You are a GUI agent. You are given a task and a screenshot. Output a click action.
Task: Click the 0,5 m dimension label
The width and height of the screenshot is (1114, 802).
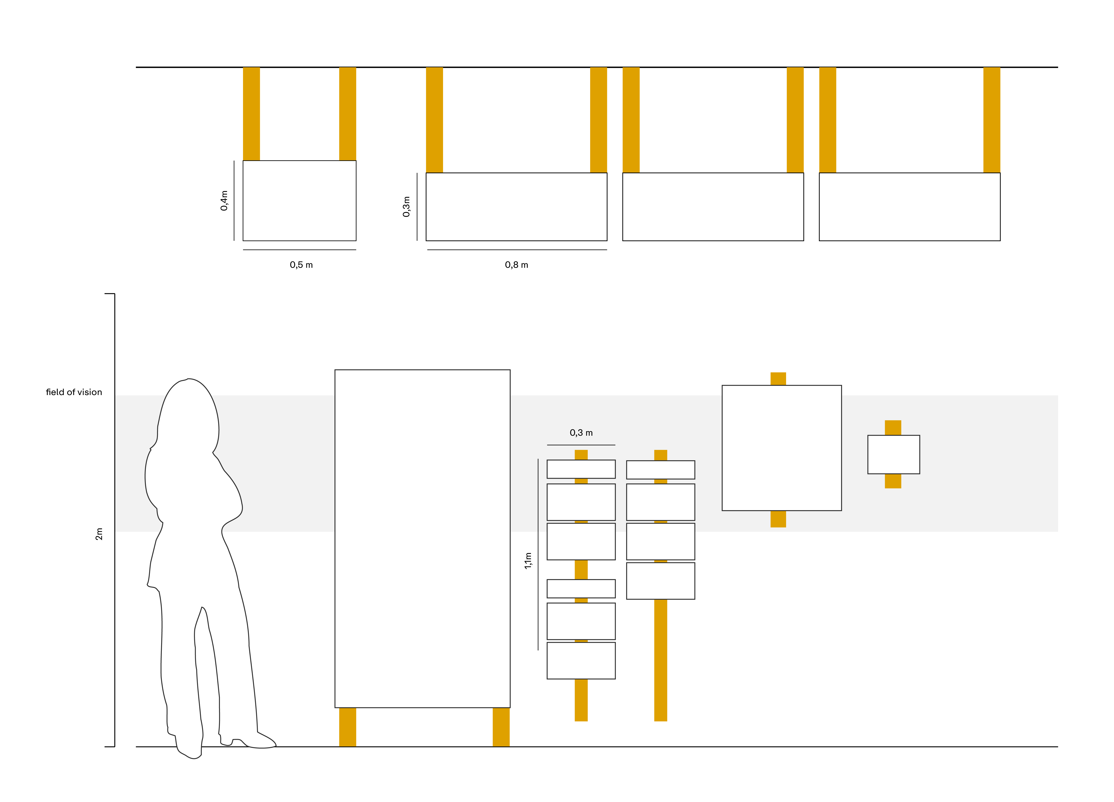[301, 265]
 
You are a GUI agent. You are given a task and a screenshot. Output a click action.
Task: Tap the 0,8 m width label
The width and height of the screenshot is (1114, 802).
[516, 265]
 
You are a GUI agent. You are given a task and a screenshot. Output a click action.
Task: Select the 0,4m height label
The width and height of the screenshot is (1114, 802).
[224, 201]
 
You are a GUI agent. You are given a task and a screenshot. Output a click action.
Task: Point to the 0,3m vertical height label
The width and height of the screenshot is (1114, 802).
[406, 206]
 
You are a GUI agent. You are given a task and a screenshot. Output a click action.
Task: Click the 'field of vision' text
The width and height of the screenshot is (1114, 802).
[74, 392]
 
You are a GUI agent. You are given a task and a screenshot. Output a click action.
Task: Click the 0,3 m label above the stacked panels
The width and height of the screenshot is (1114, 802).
[581, 433]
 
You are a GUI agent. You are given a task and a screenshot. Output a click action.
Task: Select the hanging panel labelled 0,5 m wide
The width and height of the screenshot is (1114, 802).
[300, 201]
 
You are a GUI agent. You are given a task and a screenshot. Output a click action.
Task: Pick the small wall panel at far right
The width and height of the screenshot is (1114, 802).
[893, 454]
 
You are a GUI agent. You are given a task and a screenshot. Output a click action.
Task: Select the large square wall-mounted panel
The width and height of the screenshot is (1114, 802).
[782, 448]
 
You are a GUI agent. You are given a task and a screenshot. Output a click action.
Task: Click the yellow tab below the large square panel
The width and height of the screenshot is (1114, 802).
[778, 519]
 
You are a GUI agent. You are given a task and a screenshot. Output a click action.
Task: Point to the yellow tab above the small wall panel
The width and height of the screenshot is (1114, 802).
[893, 427]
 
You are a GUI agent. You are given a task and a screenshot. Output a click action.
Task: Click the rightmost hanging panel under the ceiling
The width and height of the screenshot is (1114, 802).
[909, 207]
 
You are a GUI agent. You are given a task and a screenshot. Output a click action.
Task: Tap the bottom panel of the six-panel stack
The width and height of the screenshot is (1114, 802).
[581, 660]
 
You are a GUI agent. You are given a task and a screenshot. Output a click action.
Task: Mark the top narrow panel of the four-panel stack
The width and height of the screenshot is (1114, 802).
[661, 470]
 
